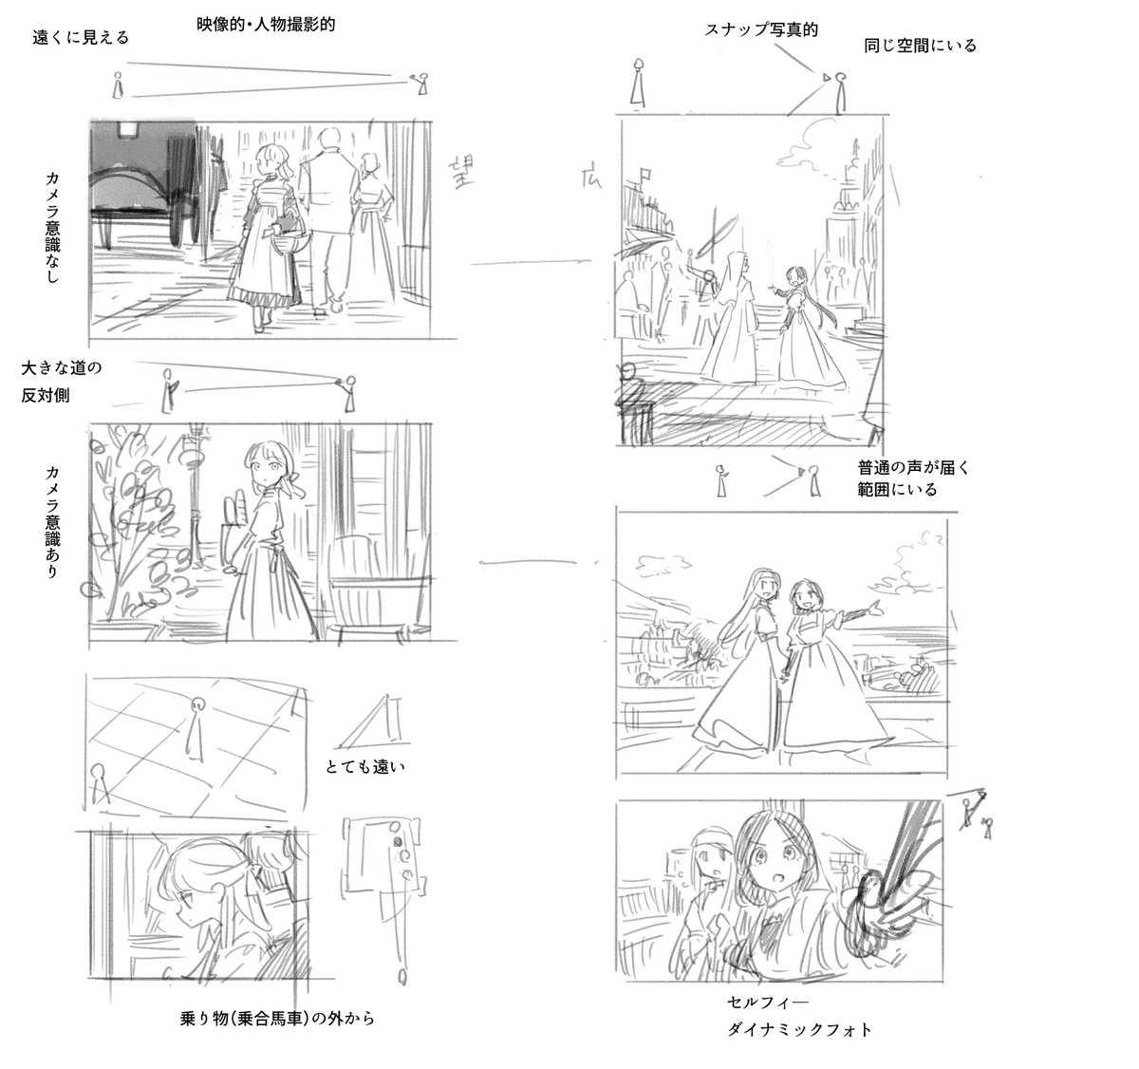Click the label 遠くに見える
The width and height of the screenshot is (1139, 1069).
[81, 38]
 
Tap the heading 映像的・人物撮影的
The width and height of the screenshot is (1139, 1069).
[266, 25]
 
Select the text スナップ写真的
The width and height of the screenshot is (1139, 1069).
[761, 29]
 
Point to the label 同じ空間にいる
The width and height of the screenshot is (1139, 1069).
[920, 46]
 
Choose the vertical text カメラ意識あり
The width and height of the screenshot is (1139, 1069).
[52, 521]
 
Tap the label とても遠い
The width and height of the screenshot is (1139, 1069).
[364, 766]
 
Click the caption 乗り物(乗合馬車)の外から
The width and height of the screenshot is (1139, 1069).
[277, 1018]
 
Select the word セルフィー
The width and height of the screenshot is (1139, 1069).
[767, 1003]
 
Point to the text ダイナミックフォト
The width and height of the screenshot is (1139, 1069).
[799, 1029]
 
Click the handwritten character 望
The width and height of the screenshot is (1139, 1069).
[461, 173]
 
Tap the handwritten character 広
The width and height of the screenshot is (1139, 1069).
[591, 178]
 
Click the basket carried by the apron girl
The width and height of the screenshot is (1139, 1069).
[290, 240]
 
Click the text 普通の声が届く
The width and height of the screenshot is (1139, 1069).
[913, 468]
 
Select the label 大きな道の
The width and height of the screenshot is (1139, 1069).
[62, 367]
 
